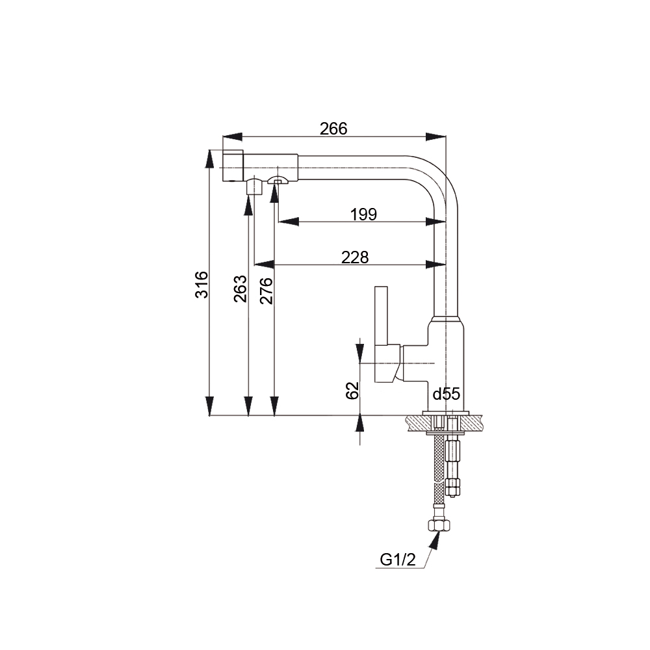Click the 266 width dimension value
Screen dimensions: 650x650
[x=333, y=129]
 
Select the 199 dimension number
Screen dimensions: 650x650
[x=363, y=214]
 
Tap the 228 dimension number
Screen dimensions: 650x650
[x=355, y=257]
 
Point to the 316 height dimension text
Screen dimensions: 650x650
[x=202, y=285]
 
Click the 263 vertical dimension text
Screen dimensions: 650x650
[x=240, y=289]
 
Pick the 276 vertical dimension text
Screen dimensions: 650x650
[x=266, y=291]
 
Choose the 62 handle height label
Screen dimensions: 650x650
[x=352, y=391]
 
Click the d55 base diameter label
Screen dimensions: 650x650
[x=447, y=395]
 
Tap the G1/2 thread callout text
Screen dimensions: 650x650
[x=398, y=560]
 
